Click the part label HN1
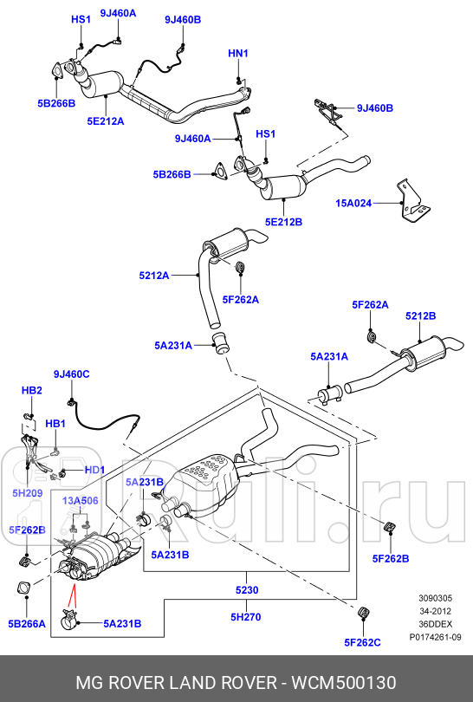(x=238, y=54)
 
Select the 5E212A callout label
(x=105, y=121)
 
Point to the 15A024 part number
(x=353, y=205)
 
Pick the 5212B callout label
(x=420, y=316)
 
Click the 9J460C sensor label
(x=71, y=374)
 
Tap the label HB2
(x=32, y=391)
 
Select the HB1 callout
(x=55, y=424)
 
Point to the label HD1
(x=94, y=471)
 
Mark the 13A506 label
(x=80, y=501)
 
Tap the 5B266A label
(x=27, y=623)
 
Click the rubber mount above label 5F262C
(x=365, y=614)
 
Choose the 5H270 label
(x=247, y=617)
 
